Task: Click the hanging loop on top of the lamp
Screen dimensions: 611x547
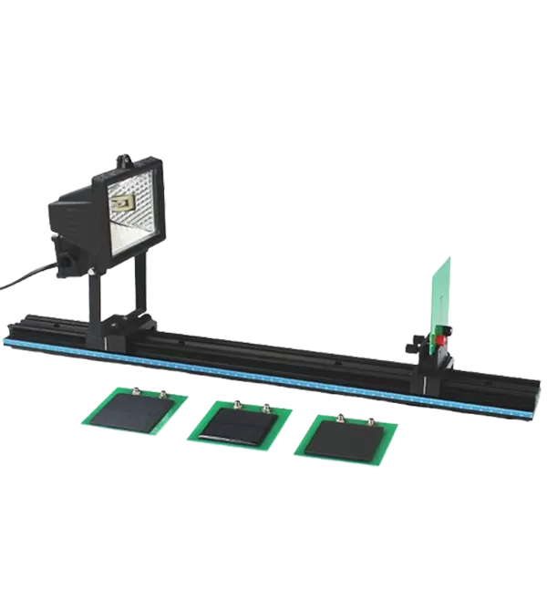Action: pyautogui.click(x=124, y=161)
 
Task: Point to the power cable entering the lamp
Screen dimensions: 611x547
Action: pyautogui.click(x=27, y=279)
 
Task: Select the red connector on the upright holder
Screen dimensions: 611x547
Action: pyautogui.click(x=441, y=340)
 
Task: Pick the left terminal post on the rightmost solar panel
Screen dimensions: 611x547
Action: pyautogui.click(x=340, y=416)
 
